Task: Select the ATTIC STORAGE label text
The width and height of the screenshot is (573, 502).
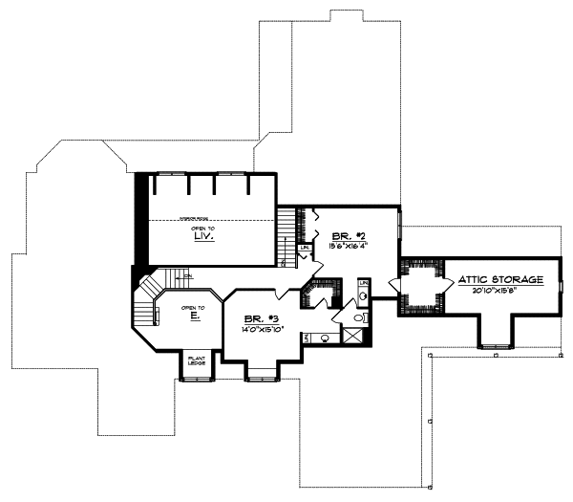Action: [x=500, y=279]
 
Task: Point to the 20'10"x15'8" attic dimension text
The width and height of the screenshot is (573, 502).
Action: [x=500, y=290]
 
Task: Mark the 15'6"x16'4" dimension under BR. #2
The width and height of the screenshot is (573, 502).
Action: [x=348, y=245]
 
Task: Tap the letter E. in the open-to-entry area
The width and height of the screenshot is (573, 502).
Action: [x=194, y=313]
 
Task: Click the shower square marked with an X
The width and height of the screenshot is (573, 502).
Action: [x=352, y=335]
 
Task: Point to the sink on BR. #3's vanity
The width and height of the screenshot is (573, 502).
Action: [x=326, y=338]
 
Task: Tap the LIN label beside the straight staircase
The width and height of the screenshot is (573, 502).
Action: [x=305, y=249]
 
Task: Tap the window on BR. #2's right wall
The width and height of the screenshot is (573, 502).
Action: [x=399, y=233]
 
